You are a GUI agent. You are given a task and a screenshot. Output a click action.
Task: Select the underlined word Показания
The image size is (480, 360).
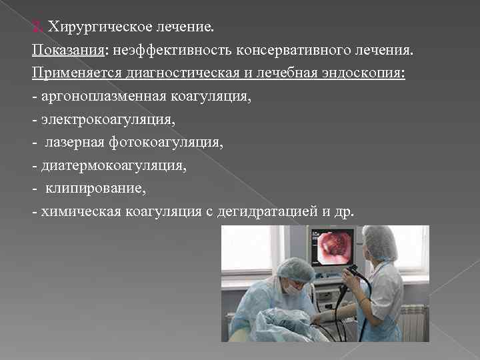(x=59, y=51)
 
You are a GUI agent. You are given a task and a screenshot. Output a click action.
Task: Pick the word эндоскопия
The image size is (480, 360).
(x=363, y=73)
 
